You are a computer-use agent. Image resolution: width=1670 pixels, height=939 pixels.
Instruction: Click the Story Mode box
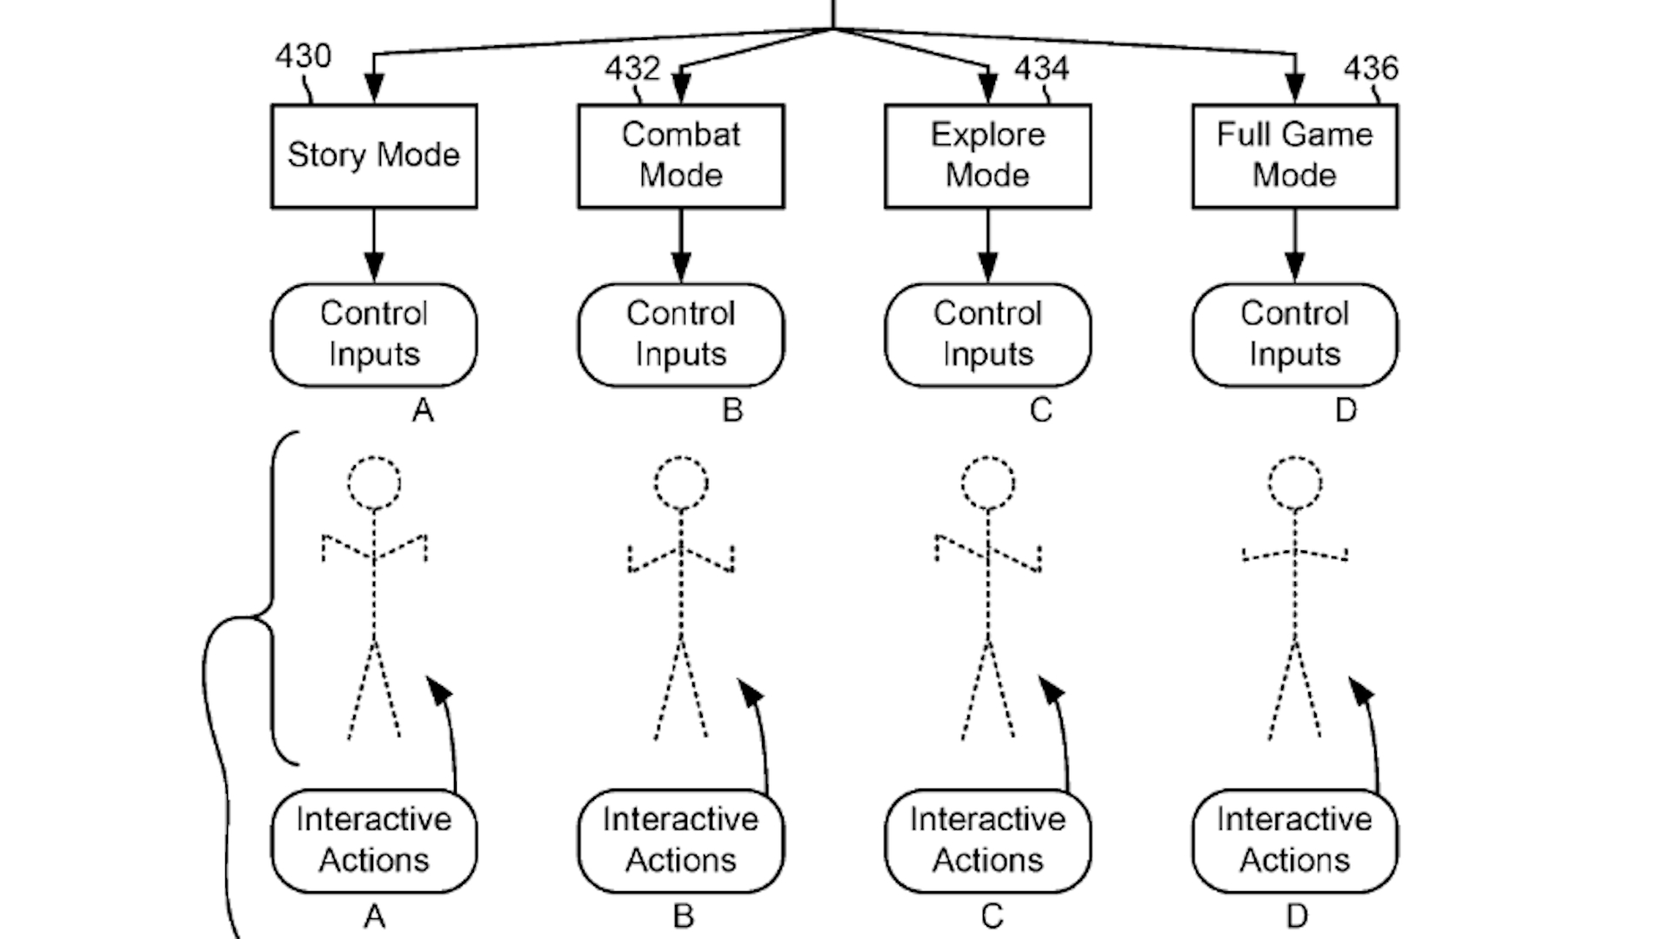pyautogui.click(x=374, y=156)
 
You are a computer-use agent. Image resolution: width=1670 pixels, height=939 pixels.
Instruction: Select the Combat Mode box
pyautogui.click(x=681, y=156)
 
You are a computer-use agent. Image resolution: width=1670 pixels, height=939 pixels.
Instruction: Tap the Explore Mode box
pyautogui.click(x=988, y=156)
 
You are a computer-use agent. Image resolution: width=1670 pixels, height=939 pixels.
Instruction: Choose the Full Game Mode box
pyautogui.click(x=1295, y=156)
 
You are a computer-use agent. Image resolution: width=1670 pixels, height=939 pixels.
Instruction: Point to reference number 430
pyautogui.click(x=304, y=57)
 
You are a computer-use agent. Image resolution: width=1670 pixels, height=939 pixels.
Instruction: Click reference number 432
pyautogui.click(x=632, y=69)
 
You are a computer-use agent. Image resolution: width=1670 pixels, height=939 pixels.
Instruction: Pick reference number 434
pyautogui.click(x=1041, y=69)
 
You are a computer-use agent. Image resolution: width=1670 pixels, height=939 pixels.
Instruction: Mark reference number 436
pyautogui.click(x=1371, y=69)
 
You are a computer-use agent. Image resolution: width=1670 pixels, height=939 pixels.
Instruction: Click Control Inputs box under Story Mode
pyautogui.click(x=374, y=335)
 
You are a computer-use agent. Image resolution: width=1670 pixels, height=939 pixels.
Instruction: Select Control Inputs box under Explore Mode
pyautogui.click(x=988, y=335)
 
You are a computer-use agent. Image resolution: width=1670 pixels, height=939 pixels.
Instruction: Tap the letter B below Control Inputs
pyautogui.click(x=732, y=410)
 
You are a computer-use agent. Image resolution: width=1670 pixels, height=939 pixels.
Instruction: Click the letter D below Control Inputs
pyautogui.click(x=1346, y=410)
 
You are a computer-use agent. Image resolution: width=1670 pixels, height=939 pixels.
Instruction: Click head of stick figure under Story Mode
pyautogui.click(x=374, y=483)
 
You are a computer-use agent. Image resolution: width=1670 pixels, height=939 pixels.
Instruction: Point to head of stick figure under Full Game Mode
pyautogui.click(x=1295, y=483)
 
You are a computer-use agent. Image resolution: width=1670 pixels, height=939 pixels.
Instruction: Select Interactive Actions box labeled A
pyautogui.click(x=374, y=840)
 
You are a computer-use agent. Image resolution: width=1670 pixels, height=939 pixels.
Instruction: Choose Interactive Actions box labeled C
pyautogui.click(x=988, y=840)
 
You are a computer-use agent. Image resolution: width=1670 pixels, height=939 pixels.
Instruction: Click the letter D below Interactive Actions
pyautogui.click(x=1297, y=916)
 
